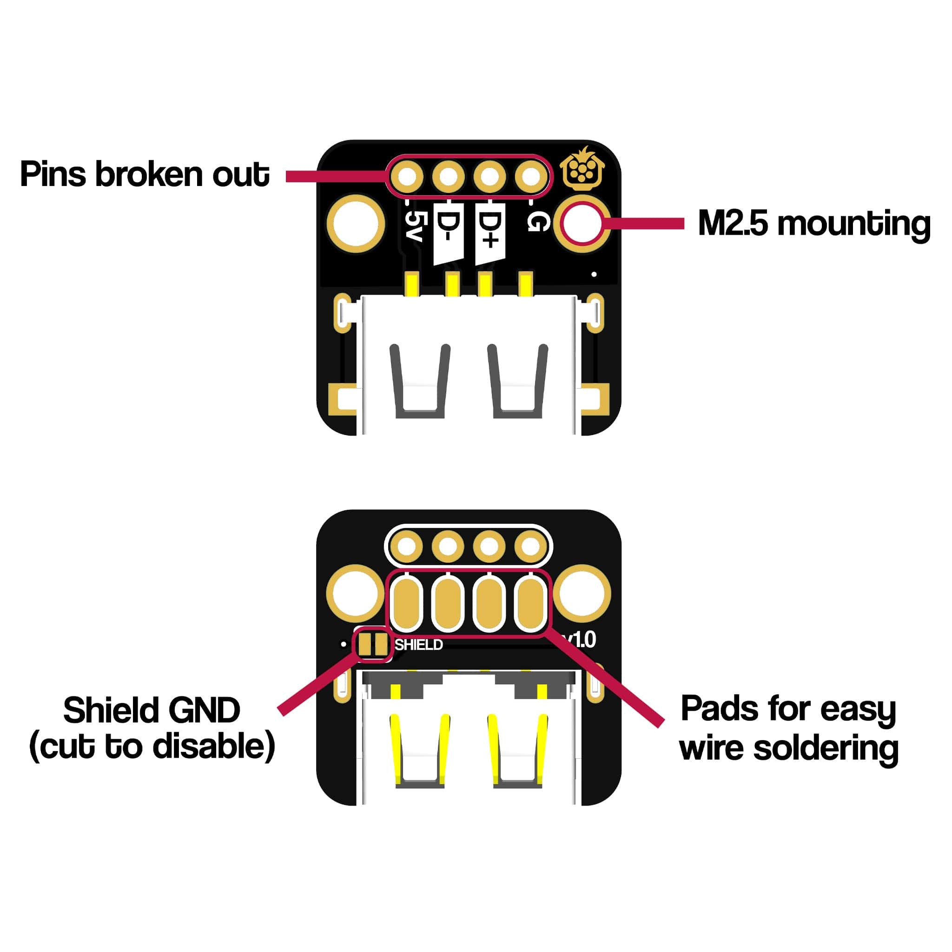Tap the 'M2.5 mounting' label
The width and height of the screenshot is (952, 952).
[x=813, y=224]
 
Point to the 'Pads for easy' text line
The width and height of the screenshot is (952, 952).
[x=788, y=709]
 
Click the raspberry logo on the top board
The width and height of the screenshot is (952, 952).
[x=583, y=169]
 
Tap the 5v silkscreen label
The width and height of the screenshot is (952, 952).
[x=413, y=226]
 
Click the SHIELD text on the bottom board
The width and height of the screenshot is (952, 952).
[x=418, y=645]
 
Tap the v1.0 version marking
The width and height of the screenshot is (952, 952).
[x=582, y=640]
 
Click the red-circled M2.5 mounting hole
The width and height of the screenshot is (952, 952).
[x=582, y=223]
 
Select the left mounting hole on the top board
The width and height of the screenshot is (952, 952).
[x=355, y=224]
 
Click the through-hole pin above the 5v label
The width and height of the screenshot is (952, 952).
[x=407, y=176]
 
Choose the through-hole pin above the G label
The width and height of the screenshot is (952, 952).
[x=531, y=176]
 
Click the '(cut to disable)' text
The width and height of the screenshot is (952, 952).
[x=152, y=747]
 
